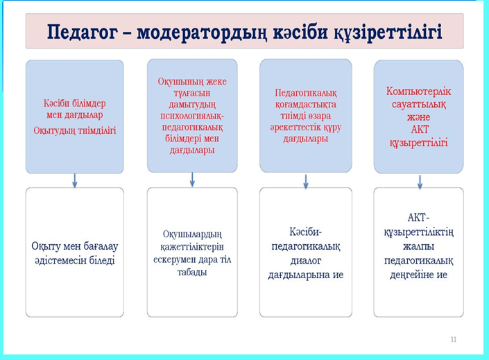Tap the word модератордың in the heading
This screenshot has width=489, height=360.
coord(202,33)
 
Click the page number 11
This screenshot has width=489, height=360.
coord(454,339)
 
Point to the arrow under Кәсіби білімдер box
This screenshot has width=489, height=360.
coord(74,180)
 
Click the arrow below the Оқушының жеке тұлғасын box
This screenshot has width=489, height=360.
coord(192,180)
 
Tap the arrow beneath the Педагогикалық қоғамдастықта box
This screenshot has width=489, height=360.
coord(306,181)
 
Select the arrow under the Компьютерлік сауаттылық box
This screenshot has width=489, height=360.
coord(420,182)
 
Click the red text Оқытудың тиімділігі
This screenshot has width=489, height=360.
coord(75,130)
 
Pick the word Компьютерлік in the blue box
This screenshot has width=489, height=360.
coord(419,91)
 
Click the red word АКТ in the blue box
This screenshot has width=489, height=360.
coord(420,129)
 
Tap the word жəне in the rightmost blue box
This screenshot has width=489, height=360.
coord(419,117)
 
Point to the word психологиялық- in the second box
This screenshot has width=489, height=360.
coord(192,116)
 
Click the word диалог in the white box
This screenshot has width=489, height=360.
coord(306,261)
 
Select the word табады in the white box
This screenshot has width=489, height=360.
coord(192,272)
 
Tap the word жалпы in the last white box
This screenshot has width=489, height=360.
coord(418,246)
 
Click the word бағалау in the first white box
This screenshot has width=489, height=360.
coord(100,246)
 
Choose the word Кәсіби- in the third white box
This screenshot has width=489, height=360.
coord(306,232)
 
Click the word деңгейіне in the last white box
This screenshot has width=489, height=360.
coord(409,275)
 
